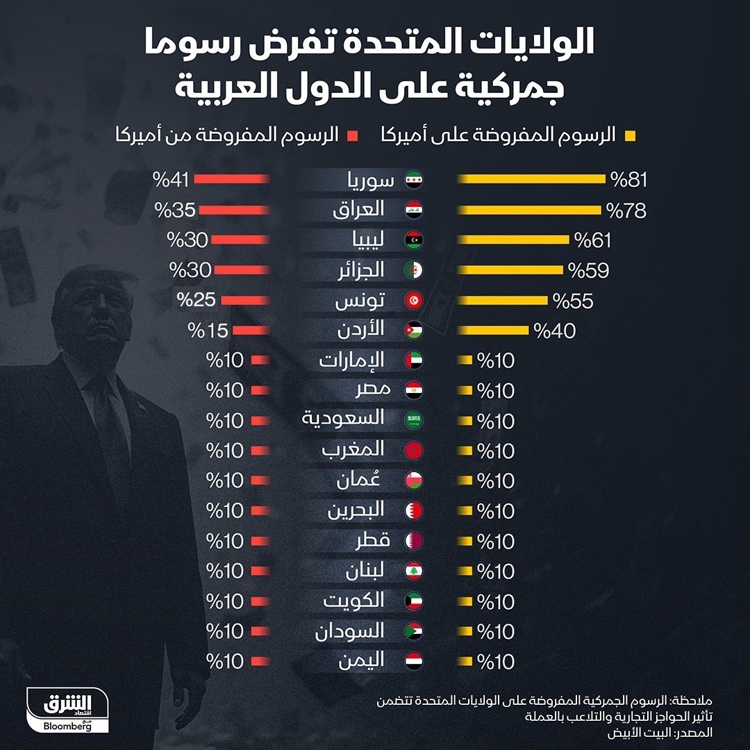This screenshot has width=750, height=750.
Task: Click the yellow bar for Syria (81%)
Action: point(531,180)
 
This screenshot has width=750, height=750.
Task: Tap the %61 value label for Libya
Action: point(592,240)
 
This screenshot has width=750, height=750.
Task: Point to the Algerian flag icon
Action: point(414,270)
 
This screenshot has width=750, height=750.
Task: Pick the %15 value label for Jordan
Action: point(209,331)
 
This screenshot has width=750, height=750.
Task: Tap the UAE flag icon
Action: point(414,360)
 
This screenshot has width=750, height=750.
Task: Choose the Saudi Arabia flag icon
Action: point(414,420)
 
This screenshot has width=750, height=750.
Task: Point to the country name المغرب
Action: point(353,450)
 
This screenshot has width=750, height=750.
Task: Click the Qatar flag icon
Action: point(414,540)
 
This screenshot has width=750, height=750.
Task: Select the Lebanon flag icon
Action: point(414,571)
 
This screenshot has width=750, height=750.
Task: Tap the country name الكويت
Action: point(353,601)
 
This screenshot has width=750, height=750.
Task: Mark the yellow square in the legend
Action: point(631,135)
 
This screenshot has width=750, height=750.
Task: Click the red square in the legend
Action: point(353,135)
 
